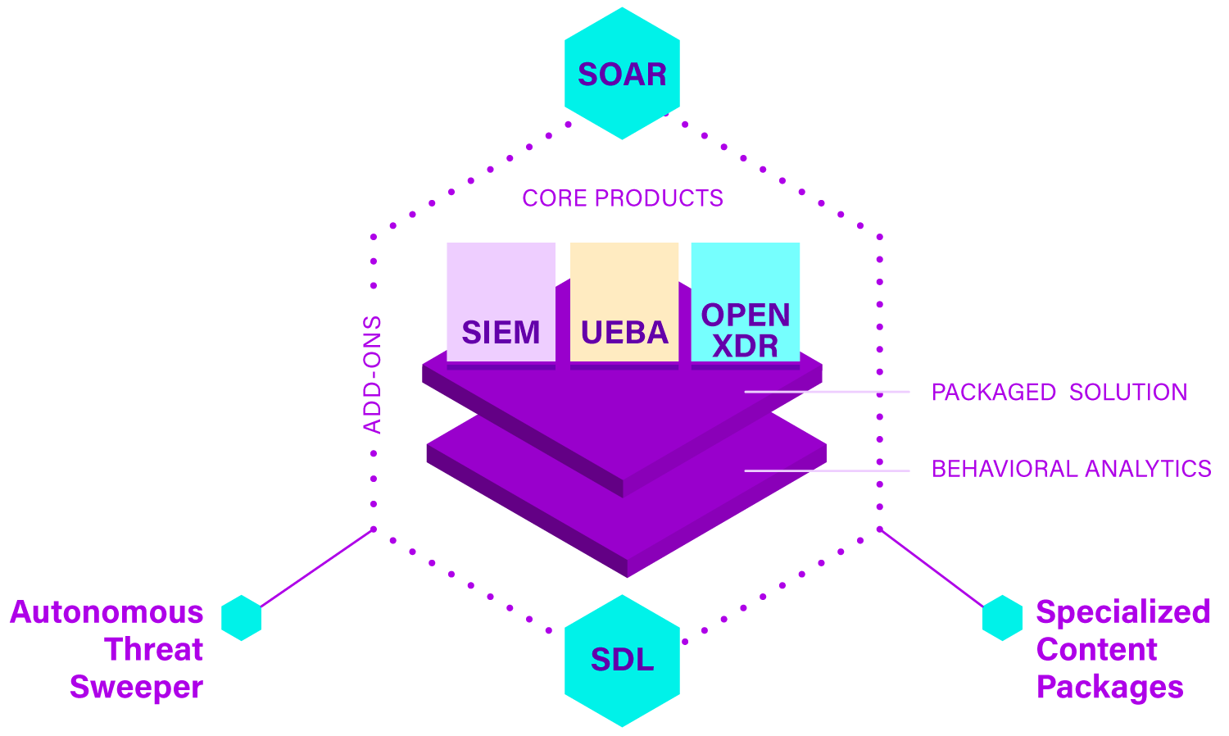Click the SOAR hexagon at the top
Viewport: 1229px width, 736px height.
[622, 74]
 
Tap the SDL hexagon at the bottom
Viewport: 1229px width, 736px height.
[622, 660]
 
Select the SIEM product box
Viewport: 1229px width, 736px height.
[501, 302]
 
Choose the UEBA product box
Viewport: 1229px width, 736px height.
[624, 302]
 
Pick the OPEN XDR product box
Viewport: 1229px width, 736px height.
[745, 302]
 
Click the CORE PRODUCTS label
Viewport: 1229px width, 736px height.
[623, 198]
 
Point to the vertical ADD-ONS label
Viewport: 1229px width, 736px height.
[373, 375]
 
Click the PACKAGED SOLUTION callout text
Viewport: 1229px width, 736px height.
[1059, 393]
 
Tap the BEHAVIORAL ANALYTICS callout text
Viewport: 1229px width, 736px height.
[1072, 469]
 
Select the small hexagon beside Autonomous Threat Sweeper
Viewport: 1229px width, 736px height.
[241, 617]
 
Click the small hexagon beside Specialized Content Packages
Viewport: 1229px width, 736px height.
[1002, 617]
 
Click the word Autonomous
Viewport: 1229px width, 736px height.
[107, 612]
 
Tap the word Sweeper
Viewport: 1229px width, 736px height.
[136, 687]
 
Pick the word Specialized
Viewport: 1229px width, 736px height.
[1122, 612]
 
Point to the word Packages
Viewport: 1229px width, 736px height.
[1109, 687]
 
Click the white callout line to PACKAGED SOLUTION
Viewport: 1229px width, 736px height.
[828, 392]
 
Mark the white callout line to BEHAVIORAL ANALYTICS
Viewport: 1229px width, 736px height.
[828, 470]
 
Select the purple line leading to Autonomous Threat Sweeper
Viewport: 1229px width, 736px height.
[318, 568]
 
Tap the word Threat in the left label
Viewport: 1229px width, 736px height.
[154, 649]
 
